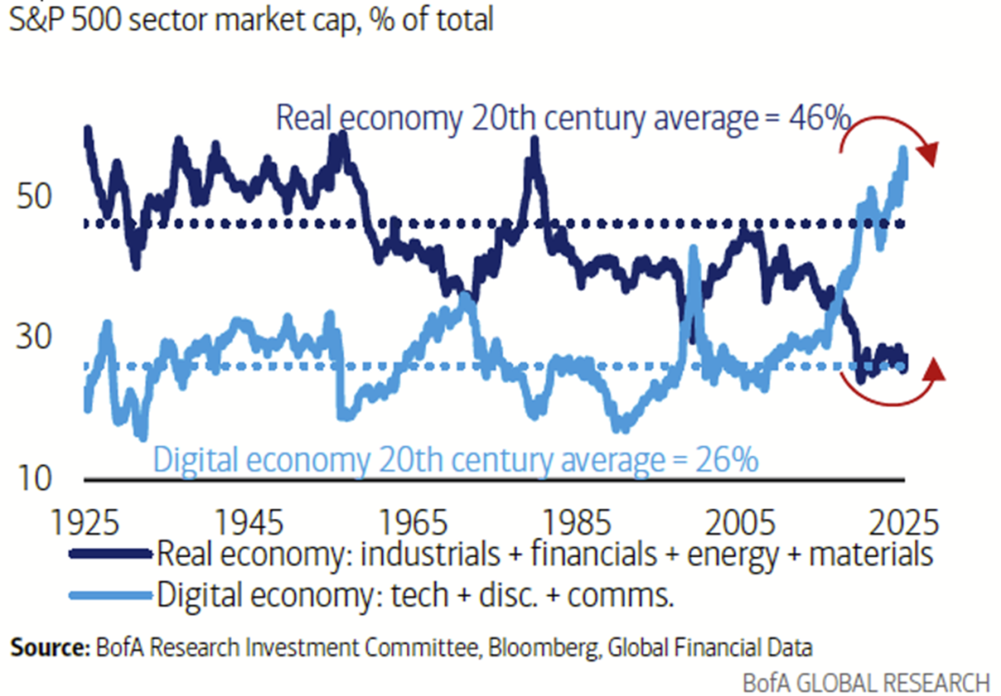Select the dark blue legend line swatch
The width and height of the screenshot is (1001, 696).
[108, 555]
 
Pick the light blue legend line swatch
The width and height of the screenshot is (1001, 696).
[108, 594]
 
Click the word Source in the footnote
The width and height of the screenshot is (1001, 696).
[46, 647]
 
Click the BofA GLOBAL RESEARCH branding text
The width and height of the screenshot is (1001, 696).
[866, 681]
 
